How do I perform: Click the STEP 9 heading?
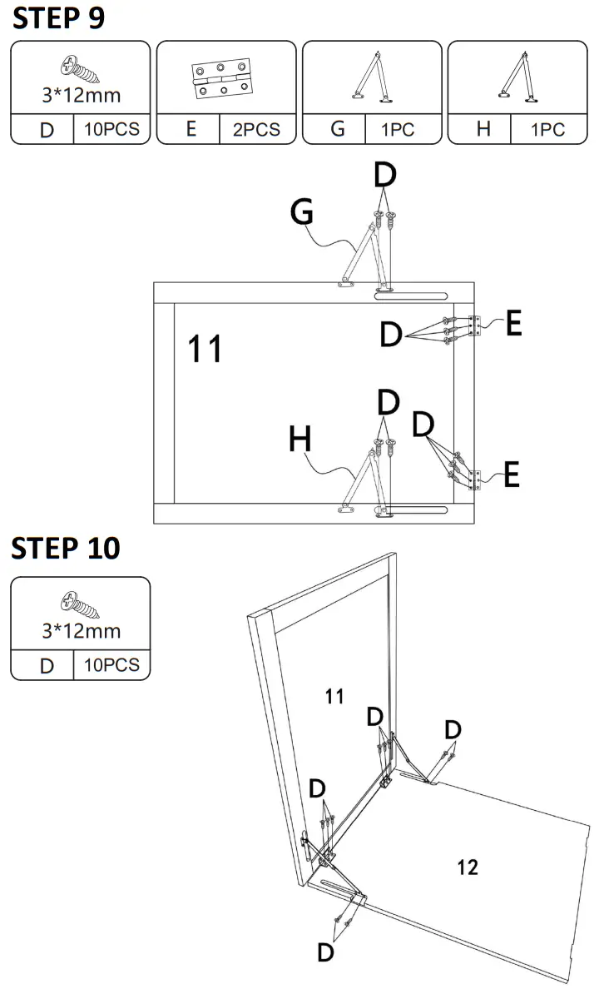58,18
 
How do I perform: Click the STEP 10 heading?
66,549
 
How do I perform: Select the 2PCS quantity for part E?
256,130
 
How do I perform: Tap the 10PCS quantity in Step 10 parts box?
111,665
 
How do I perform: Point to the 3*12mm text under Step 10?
81,630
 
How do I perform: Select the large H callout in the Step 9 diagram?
300,439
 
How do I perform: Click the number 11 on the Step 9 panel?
205,349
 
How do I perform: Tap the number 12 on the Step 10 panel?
468,867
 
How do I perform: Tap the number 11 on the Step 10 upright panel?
334,697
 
